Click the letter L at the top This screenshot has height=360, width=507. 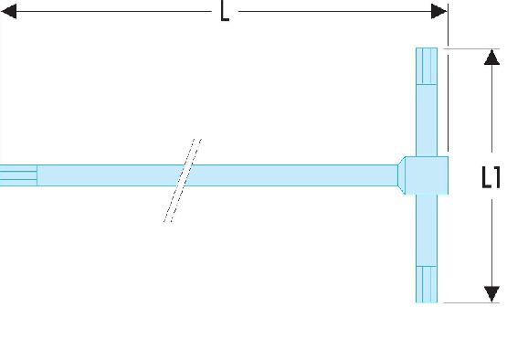(x=225, y=11)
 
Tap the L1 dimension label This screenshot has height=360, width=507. (x=491, y=177)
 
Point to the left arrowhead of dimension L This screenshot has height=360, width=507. (x=9, y=12)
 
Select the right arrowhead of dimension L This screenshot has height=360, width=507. (x=438, y=12)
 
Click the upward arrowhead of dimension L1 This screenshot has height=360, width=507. (x=491, y=58)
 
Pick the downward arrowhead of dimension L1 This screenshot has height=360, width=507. (x=491, y=294)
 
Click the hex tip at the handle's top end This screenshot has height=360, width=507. (x=427, y=67)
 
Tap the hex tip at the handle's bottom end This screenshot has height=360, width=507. (x=427, y=284)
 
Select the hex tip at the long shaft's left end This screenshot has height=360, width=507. (x=18, y=175)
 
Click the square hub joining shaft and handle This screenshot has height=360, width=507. (x=427, y=175)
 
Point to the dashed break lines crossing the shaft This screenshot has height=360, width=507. (x=183, y=181)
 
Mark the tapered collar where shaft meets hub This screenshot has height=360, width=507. (x=401, y=175)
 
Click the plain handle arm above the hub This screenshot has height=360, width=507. (x=427, y=121)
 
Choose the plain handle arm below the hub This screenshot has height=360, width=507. (x=427, y=230)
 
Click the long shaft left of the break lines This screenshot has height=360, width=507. (x=110, y=175)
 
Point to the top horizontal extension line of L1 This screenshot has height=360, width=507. (x=471, y=48)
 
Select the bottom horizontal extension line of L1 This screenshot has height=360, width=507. (x=471, y=303)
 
